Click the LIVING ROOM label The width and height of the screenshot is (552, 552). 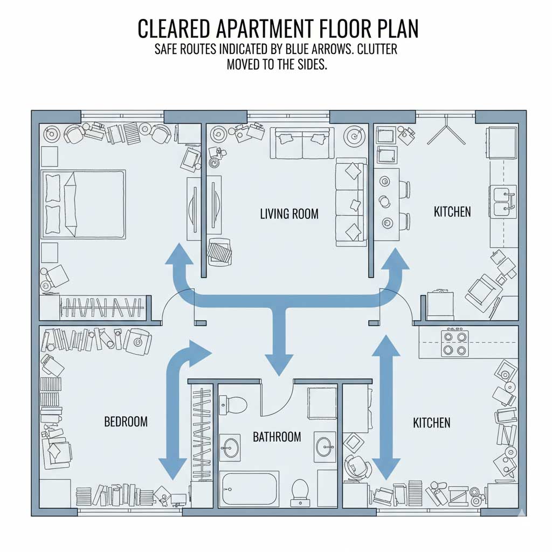coord(289,214)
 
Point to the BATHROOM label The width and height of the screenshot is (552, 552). coord(277,437)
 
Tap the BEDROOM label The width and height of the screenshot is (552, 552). coord(126,422)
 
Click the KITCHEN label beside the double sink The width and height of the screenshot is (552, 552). coord(452,212)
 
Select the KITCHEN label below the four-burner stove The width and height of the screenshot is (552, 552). coord(431,423)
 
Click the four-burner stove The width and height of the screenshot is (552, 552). coord(454,343)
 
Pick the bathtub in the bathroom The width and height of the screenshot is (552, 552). coord(249,488)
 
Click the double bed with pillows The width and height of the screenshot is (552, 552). coord(84,204)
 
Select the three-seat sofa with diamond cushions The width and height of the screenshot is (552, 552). coord(351,202)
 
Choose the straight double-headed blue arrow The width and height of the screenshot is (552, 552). coord(387,407)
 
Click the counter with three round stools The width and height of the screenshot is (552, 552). coord(387,204)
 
